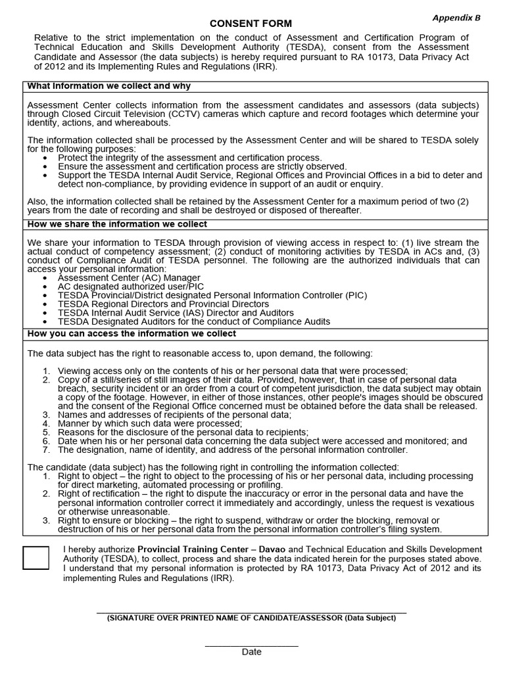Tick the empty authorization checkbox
[x=36, y=557]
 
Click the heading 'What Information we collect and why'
[x=109, y=86]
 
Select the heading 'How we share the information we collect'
[x=117, y=224]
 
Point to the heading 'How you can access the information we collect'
[x=132, y=334]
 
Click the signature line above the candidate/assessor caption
[x=251, y=613]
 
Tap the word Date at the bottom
[x=251, y=652]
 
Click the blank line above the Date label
[x=251, y=646]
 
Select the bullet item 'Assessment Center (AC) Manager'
[x=129, y=278]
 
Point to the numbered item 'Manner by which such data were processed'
[x=149, y=424]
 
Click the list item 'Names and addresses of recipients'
[x=174, y=415]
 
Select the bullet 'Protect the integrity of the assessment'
[x=189, y=158]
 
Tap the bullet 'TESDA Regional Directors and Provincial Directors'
[x=163, y=304]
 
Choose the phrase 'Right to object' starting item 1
[x=89, y=475]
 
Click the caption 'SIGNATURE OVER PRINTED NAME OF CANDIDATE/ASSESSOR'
[x=251, y=618]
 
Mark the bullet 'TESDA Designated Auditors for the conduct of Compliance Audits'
[x=194, y=322]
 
